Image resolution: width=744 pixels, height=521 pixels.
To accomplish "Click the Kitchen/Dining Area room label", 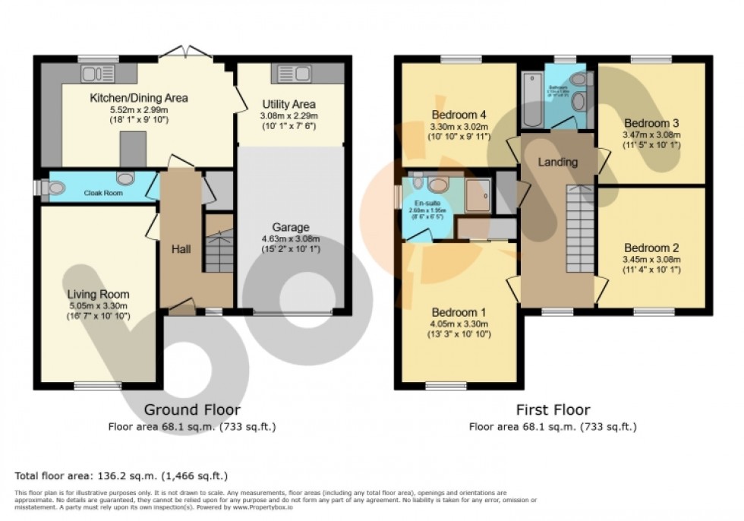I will click(139, 98).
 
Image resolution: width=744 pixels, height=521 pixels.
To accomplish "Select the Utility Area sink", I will click(295, 74).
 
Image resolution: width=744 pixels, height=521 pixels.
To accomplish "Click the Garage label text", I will click(292, 227).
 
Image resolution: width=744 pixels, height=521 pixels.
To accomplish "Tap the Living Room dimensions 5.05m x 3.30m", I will click(98, 305).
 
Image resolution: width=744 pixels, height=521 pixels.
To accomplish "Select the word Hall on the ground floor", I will click(181, 249).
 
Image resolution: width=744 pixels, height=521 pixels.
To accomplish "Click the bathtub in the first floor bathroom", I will click(530, 98).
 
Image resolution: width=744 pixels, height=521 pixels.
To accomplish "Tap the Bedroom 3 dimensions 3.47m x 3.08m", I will click(652, 134).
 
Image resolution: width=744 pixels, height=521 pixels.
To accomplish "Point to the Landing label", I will click(557, 162).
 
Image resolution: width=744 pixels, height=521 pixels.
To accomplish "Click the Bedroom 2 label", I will click(651, 248).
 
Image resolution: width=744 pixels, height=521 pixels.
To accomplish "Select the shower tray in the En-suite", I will click(478, 195).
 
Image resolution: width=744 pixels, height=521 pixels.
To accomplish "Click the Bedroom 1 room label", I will click(459, 312).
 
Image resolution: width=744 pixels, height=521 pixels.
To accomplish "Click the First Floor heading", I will click(552, 410).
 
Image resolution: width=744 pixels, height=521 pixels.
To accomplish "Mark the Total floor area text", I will click(121, 476).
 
